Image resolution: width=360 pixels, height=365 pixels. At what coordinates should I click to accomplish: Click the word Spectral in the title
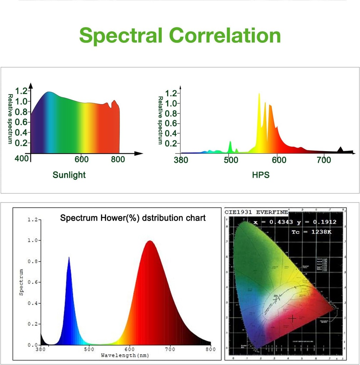tap(121, 36)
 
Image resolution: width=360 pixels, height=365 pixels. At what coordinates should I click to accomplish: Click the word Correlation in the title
tap(225, 36)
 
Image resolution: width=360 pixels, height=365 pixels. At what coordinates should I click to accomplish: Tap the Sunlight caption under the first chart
tap(69, 175)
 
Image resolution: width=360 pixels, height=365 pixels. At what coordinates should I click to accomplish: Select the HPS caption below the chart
tap(260, 175)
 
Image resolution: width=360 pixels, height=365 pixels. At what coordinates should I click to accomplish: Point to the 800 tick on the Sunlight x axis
tap(118, 159)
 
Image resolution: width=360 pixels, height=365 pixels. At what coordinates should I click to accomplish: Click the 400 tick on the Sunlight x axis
tap(22, 158)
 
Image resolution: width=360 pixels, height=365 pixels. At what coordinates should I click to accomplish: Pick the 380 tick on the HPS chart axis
tap(181, 160)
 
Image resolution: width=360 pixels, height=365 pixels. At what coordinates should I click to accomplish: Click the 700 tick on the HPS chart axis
tap(324, 160)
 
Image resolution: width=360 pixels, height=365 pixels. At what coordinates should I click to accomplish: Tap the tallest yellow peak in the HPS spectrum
tap(259, 94)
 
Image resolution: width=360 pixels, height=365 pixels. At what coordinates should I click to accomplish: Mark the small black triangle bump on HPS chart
tap(340, 149)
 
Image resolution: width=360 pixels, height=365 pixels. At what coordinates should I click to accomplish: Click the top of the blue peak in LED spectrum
tap(69, 258)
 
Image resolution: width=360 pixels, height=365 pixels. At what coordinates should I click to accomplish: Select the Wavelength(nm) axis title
tap(125, 355)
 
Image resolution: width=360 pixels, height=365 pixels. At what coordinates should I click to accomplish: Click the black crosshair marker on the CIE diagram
tap(292, 318)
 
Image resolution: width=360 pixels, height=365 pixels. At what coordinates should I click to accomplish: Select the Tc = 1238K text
tap(314, 232)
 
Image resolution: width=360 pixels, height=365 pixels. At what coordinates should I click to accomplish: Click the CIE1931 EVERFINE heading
tap(256, 212)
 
